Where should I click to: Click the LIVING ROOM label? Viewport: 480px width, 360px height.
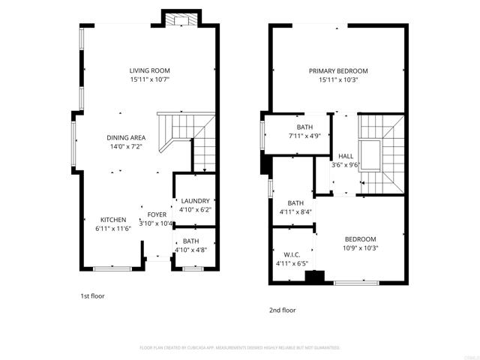pyautogui.click(x=149, y=70)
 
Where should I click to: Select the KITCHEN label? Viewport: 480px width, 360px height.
pyautogui.click(x=113, y=219)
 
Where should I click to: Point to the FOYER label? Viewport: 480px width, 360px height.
pyautogui.click(x=157, y=214)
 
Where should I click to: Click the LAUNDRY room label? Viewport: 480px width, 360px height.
pyautogui.click(x=195, y=201)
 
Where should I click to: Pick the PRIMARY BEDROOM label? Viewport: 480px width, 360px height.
pyautogui.click(x=338, y=71)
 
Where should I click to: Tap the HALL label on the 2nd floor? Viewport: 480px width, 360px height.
pyautogui.click(x=346, y=156)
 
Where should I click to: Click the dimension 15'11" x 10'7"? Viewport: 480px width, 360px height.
pyautogui.click(x=149, y=79)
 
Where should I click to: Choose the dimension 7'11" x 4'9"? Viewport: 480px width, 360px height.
pyautogui.click(x=304, y=136)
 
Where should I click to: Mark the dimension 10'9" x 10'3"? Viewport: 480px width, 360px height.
pyautogui.click(x=360, y=247)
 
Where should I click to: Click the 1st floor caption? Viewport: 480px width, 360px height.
pyautogui.click(x=92, y=295)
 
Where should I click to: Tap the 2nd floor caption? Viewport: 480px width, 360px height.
pyautogui.click(x=283, y=310)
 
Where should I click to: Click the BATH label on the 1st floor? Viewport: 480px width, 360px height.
pyautogui.click(x=191, y=241)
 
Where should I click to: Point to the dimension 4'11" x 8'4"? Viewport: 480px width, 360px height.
pyautogui.click(x=295, y=211)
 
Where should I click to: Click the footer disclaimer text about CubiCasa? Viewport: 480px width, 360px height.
pyautogui.click(x=240, y=347)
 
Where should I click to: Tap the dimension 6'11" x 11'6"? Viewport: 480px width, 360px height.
pyautogui.click(x=113, y=228)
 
